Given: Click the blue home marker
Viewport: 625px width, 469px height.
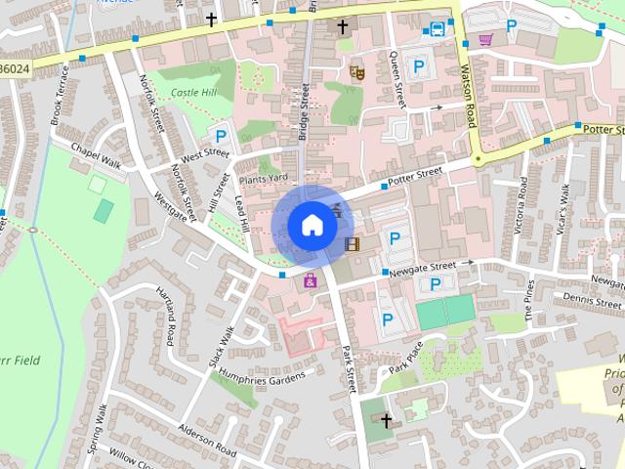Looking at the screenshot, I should pyautogui.click(x=312, y=225).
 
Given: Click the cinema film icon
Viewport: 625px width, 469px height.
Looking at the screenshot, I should pyautogui.click(x=352, y=243).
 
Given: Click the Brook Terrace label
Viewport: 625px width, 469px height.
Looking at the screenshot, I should pyautogui.click(x=60, y=95).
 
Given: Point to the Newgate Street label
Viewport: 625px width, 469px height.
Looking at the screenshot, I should pyautogui.click(x=422, y=267).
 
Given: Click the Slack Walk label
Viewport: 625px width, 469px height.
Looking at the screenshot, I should pyautogui.click(x=221, y=346).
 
